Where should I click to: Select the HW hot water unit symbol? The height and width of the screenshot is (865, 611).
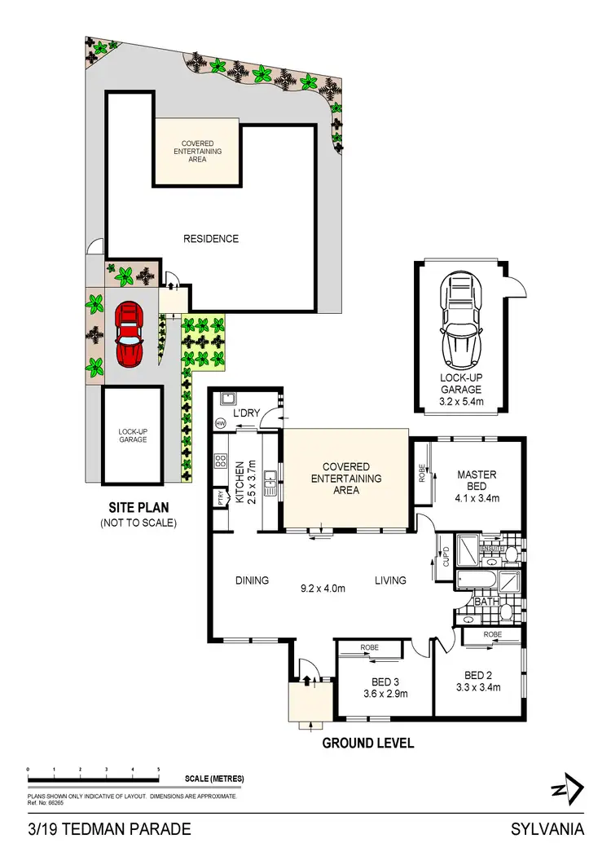tap(221, 424)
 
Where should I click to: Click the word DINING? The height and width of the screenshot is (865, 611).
tap(253, 580)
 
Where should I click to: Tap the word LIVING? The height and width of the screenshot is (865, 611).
tap(390, 580)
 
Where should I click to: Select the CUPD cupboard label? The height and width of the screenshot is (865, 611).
tap(445, 557)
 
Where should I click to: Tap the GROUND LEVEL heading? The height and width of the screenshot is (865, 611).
tap(368, 743)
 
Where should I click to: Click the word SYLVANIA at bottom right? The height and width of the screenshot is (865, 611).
tap(547, 830)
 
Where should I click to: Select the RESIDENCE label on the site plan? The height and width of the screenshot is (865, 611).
tap(211, 239)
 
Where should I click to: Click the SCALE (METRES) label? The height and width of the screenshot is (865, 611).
tap(214, 779)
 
